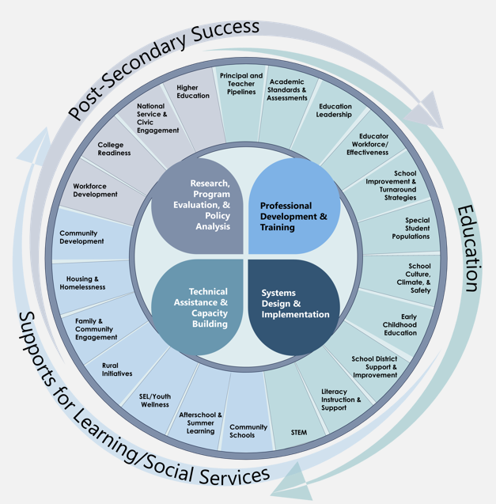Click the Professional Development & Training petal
pos(293,210)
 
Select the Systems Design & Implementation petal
pos(293,304)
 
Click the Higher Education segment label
pos(193,92)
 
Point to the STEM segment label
pos(298,433)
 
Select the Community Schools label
pos(248,431)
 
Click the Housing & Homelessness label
pos(81,282)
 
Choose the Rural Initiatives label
pos(117,369)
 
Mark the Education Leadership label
pos(335,111)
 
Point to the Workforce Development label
pos(95,190)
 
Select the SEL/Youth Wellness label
pos(154,400)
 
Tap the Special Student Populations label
pos(411,229)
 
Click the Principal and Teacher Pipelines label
pos(241,84)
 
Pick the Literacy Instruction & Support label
pos(342,399)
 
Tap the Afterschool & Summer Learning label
pos(201,423)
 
